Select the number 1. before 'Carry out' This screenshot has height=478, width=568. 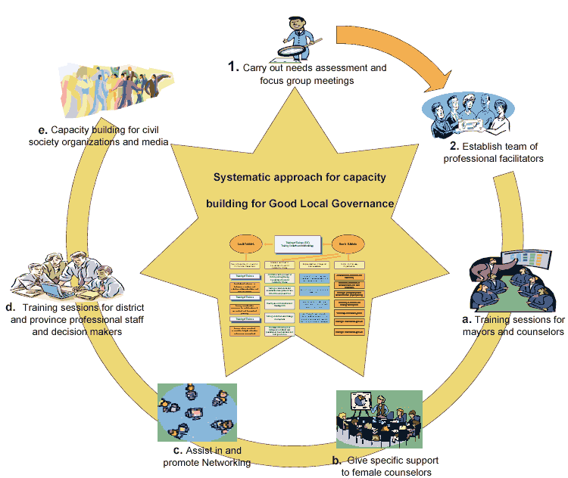point(233,67)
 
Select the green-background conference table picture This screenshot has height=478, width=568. point(379,419)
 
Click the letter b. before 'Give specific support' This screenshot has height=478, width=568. point(337,460)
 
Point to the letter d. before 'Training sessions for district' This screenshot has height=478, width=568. point(11,308)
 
